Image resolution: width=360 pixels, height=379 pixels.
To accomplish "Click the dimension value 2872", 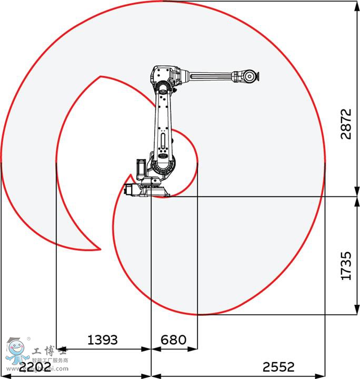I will (x=345, y=124).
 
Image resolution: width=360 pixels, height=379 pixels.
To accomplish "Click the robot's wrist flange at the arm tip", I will (x=249, y=76).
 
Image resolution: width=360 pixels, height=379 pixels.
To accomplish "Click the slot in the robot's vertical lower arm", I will (x=163, y=142).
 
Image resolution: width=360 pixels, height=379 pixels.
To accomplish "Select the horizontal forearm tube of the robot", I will (x=211, y=77).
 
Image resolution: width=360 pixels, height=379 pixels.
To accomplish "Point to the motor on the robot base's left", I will (x=131, y=189).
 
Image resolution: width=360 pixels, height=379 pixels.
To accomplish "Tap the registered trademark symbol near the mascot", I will (x=28, y=338).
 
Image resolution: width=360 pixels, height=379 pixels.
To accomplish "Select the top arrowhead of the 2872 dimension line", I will (x=356, y=4).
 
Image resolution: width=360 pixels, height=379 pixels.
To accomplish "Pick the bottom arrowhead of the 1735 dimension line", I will (x=356, y=311).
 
